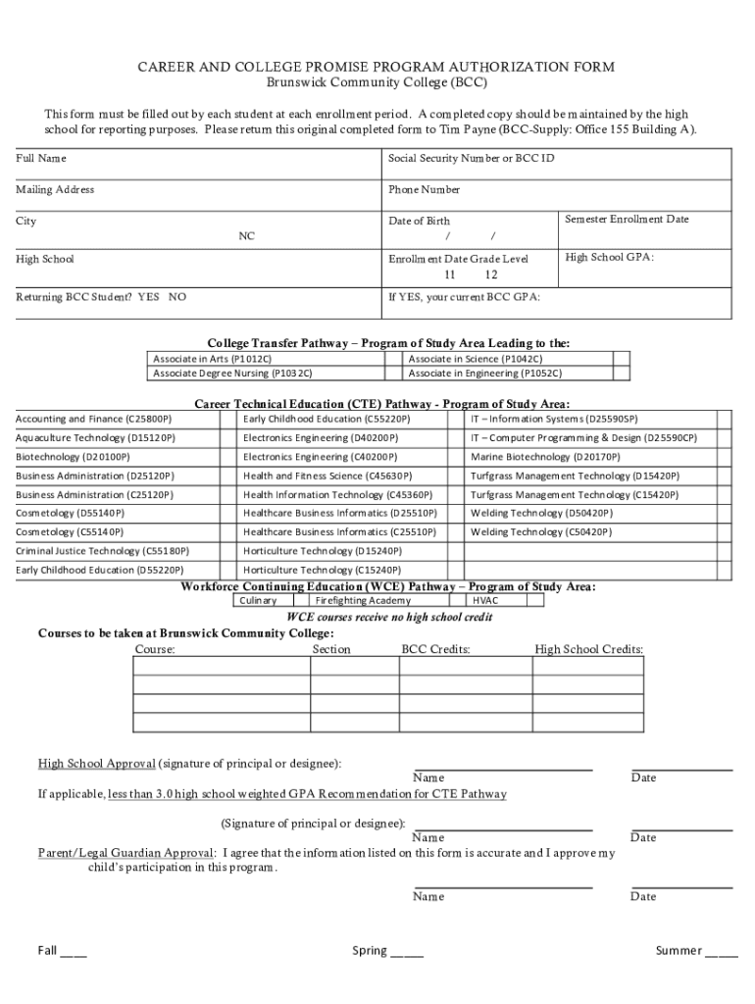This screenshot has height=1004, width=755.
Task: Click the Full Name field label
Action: pyautogui.click(x=41, y=158)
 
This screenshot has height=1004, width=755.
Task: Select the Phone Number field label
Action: pyautogui.click(x=424, y=189)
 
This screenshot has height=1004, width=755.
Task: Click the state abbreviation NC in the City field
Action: pyautogui.click(x=247, y=236)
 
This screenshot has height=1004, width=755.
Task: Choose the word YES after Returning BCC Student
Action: pyautogui.click(x=149, y=296)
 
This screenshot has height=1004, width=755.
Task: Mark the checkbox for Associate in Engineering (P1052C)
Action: pyautogui.click(x=621, y=374)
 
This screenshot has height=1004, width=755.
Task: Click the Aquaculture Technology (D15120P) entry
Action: pyautogui.click(x=95, y=438)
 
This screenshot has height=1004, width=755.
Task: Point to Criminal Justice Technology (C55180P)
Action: pyautogui.click(x=103, y=551)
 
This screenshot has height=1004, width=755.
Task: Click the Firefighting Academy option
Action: pyautogui.click(x=356, y=600)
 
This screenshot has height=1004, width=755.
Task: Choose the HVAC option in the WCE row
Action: pyautogui.click(x=485, y=600)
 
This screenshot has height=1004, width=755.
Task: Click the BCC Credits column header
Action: pyautogui.click(x=435, y=649)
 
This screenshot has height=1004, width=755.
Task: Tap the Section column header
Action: pyautogui.click(x=331, y=649)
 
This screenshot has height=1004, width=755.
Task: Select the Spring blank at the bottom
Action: pyautogui.click(x=407, y=951)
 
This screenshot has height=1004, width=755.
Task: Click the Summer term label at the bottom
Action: pyautogui.click(x=679, y=951)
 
